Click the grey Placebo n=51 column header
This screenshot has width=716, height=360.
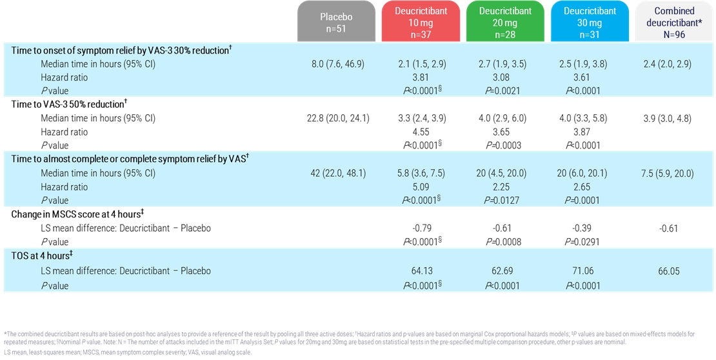336,23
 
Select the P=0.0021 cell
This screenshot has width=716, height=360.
502,91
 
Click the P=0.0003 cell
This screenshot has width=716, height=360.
502,146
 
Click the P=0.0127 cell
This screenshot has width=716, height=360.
502,201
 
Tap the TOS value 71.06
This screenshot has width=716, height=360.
585,271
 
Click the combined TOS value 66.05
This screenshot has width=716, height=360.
669,272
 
